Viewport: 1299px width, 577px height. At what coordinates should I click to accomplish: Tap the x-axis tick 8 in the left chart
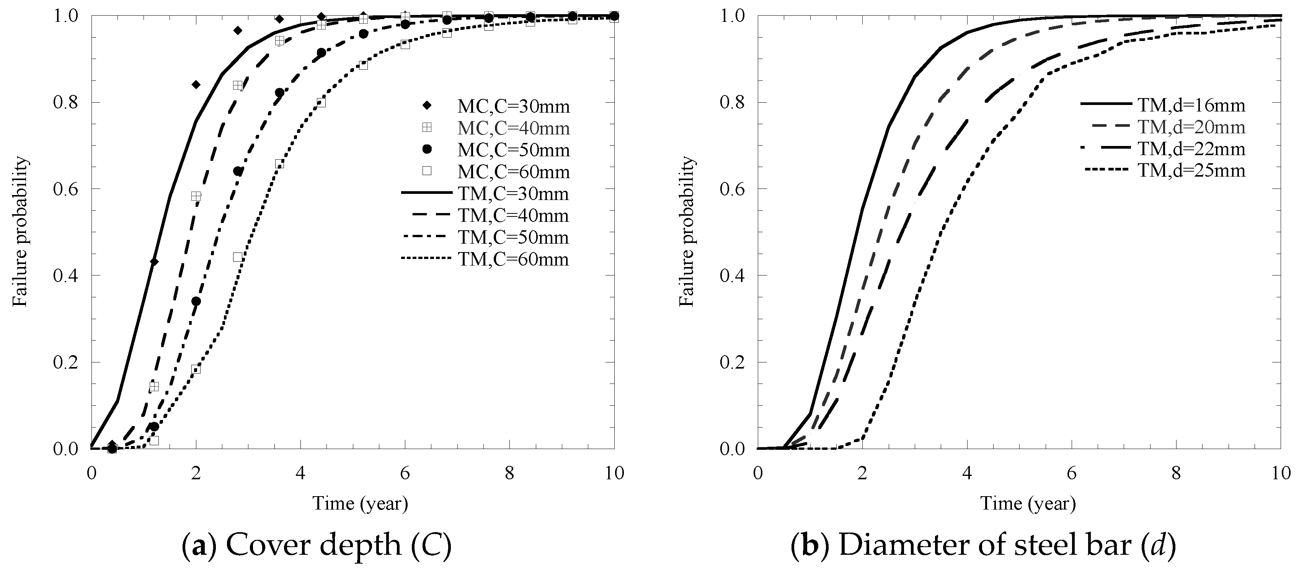[509, 473]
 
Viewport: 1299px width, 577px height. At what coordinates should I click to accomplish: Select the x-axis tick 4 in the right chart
[967, 473]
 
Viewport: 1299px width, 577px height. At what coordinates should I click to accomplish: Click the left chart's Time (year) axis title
[360, 504]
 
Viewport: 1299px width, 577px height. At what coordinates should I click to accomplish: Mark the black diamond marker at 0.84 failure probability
[196, 84]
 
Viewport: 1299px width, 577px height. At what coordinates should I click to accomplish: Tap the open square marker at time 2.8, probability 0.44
[238, 257]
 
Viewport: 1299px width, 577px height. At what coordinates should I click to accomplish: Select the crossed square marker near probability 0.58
[196, 196]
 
